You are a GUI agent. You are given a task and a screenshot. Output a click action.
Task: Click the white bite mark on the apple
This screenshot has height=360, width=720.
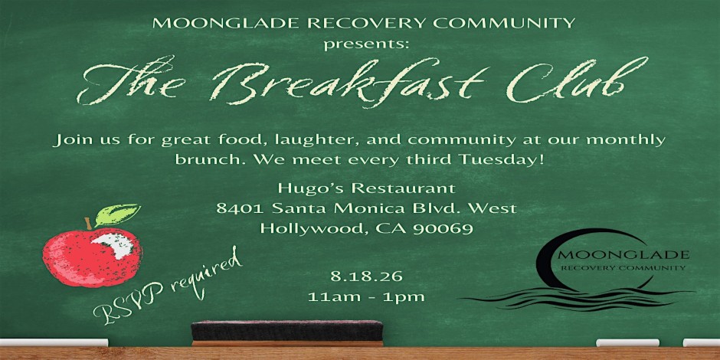(114, 245)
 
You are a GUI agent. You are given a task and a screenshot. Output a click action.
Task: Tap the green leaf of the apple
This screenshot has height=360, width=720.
(117, 214)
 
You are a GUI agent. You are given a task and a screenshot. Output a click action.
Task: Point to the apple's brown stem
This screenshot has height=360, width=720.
(88, 224)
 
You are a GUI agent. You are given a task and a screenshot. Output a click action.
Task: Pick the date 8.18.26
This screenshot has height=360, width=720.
(366, 277)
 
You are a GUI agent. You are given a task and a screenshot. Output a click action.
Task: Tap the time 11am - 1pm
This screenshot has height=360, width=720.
(366, 296)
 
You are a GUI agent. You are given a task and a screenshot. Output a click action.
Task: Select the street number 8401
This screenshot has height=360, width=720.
(240, 208)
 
